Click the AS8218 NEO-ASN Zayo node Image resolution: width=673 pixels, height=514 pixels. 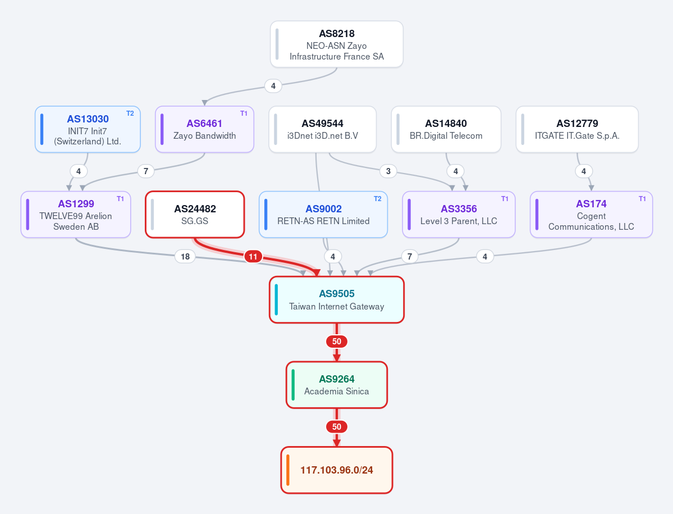point(337,44)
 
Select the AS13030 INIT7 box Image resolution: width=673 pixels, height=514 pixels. point(88,129)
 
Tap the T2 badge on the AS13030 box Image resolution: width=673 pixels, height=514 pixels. point(130,113)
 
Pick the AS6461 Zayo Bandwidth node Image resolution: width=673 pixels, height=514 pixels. point(204,129)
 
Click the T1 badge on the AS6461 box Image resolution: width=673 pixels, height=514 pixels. point(244,113)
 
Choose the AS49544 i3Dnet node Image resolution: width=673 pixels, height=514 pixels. point(322,129)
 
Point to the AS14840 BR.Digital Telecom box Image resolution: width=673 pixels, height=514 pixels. point(446,129)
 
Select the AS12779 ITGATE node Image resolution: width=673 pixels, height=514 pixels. point(577,129)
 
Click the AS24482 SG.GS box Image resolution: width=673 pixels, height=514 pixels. point(195,214)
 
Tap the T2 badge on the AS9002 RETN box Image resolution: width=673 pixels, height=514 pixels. point(377,199)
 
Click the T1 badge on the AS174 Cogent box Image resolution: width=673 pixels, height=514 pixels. point(642,199)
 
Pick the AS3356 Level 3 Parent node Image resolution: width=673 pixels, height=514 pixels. point(459,214)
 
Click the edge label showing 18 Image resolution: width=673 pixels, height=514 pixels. point(185,256)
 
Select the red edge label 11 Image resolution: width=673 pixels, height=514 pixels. point(253,257)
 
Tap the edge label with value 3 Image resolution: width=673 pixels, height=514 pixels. point(388,171)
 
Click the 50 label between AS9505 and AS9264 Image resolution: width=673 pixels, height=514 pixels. point(337,342)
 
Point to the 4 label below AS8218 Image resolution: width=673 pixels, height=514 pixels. point(273,86)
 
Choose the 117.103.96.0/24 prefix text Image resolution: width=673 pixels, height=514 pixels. point(337,470)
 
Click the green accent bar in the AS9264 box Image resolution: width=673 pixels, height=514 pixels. point(293,385)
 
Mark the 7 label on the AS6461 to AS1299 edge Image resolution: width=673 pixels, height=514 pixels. point(146,171)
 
